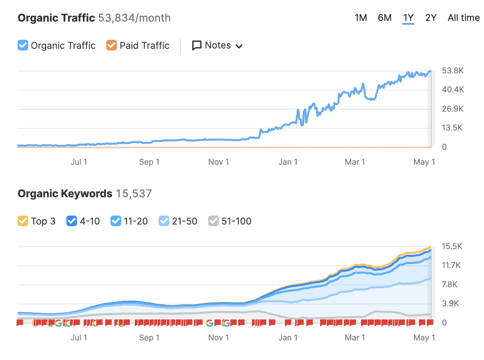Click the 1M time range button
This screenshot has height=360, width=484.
tap(361, 18)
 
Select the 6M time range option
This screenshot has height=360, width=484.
tap(384, 18)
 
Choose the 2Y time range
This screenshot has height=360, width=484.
tap(431, 18)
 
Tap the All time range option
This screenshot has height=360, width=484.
tap(463, 18)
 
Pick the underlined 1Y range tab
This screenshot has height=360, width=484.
tap(408, 18)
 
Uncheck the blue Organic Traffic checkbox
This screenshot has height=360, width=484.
tap(23, 45)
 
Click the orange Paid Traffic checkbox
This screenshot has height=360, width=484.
tap(112, 45)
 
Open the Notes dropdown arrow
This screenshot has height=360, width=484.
tap(239, 46)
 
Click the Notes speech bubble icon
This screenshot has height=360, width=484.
tap(197, 45)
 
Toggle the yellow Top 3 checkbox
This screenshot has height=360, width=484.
tap(23, 221)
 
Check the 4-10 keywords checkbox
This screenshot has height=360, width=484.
tap(72, 221)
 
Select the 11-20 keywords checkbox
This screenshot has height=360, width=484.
tap(116, 221)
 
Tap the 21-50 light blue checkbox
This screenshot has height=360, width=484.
tap(164, 221)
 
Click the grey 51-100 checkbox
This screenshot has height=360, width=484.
tap(213, 221)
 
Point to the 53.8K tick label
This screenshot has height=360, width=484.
tap(452, 70)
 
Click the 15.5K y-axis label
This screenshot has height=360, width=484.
tap(452, 246)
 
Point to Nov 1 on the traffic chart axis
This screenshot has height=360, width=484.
tap(218, 162)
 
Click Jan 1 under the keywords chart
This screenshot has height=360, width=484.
tap(288, 337)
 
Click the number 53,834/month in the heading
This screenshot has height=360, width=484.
tap(134, 18)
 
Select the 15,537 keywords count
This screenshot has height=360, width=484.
tap(134, 194)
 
